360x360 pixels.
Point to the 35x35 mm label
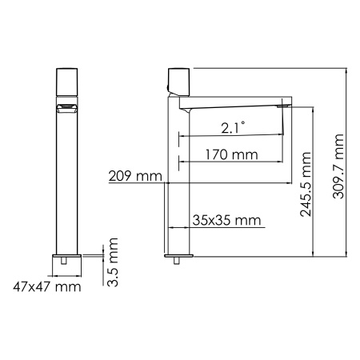227,219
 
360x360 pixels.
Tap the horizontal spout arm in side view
232,103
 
